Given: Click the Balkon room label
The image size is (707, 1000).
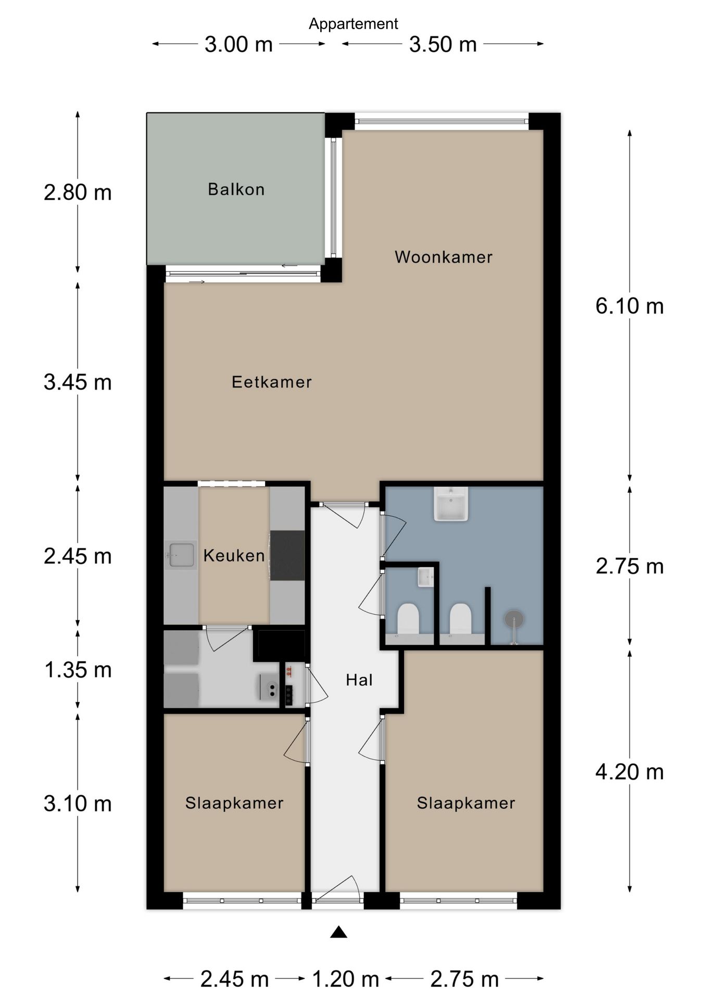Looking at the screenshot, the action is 236,189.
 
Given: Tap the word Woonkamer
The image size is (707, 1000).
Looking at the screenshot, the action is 444,257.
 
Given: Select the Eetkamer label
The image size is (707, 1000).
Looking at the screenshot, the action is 272,382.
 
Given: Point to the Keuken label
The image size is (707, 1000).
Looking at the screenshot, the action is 234,556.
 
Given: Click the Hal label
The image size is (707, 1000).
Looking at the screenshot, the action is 359,680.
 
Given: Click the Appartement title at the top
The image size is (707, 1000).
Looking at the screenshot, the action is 353,24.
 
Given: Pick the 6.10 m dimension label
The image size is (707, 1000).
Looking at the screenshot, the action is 629,306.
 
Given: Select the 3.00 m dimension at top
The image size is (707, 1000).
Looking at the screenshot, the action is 238,44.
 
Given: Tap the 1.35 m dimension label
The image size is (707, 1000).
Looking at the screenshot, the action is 78,670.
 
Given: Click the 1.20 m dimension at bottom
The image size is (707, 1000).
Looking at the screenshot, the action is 345,979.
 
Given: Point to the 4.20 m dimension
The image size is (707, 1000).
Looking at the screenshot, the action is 629,772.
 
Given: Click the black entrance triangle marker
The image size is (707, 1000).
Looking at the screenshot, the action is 338,932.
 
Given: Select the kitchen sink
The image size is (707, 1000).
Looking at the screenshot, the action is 180,555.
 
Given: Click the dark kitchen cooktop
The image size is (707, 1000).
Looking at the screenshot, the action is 287,555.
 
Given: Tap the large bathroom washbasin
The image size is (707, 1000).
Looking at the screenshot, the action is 451,504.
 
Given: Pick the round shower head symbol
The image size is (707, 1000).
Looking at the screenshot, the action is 514,620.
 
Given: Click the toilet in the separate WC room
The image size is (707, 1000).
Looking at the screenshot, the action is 408,619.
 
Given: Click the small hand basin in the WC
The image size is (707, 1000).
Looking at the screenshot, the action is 425,577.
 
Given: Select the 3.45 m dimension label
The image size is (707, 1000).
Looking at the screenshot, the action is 78,382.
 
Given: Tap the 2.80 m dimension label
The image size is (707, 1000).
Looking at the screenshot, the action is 78,193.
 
